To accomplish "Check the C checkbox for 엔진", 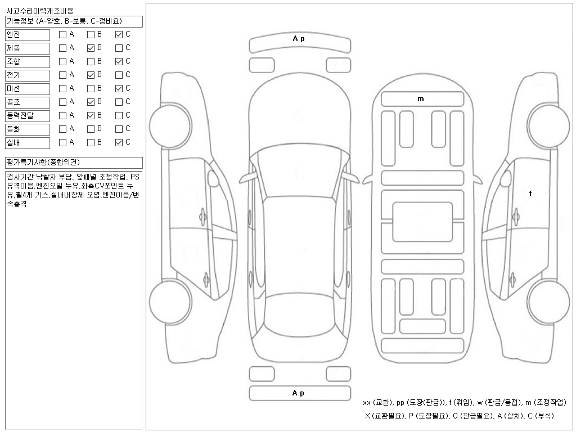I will [x=119, y=34].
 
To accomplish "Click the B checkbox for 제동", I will [x=91, y=48].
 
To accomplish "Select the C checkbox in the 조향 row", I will [x=119, y=61].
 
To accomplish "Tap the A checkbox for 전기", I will [x=62, y=75].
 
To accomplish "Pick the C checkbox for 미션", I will [x=119, y=88].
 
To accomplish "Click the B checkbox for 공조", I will [x=91, y=102].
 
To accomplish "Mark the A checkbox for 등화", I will [x=62, y=129].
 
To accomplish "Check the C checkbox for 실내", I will [x=119, y=142].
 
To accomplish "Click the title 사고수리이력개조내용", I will [x=39, y=11].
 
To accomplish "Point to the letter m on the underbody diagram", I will [x=420, y=99].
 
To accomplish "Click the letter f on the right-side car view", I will [x=530, y=193].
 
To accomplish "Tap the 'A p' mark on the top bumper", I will [x=299, y=39].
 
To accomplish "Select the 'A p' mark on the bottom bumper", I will [x=299, y=393].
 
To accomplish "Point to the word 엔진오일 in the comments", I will [x=50, y=185].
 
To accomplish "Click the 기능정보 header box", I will [x=74, y=21].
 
